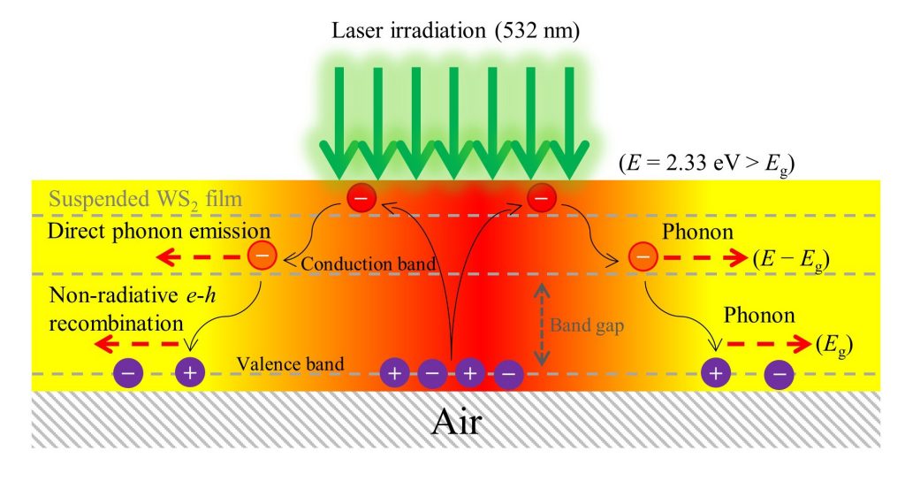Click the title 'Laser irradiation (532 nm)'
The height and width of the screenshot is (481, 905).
coord(455,30)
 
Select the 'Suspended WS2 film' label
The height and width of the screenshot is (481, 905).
coord(146,200)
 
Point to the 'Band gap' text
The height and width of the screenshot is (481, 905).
coord(587,325)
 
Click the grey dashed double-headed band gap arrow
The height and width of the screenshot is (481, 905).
coord(541,325)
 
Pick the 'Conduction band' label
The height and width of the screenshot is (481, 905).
coord(369,263)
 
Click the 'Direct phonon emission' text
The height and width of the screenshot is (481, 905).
coord(159,231)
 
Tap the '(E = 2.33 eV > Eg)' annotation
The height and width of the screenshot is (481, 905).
coord(707,164)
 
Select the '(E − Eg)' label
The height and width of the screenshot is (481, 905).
coord(791,259)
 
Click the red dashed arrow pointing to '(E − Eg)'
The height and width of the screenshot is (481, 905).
coord(705,257)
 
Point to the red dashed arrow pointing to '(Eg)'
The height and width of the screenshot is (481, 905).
coord(769,344)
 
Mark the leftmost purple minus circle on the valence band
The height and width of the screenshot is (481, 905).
coord(128,372)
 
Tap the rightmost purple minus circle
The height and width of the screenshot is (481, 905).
coord(780,374)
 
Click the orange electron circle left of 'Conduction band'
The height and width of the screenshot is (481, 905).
coord(262,256)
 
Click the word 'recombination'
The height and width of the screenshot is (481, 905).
coord(116,323)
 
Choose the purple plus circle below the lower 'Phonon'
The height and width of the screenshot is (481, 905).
coord(716,373)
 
